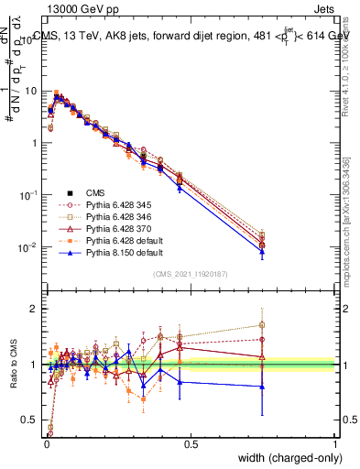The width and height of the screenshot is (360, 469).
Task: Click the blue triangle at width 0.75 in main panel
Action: tap(262, 253)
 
